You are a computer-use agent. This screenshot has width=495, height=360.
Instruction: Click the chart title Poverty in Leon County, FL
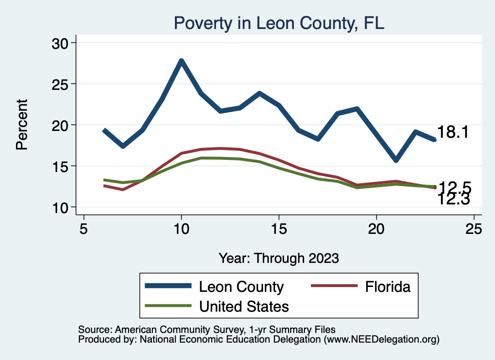click(x=278, y=23)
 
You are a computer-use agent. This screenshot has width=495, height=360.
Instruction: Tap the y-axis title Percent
click(x=22, y=125)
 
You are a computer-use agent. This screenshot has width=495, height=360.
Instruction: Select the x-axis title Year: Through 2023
click(x=278, y=258)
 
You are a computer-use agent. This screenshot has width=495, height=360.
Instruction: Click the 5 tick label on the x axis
click(x=84, y=228)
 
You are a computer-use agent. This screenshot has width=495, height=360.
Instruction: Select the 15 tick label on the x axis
click(x=279, y=228)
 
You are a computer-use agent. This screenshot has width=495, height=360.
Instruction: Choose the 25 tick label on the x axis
click(x=474, y=228)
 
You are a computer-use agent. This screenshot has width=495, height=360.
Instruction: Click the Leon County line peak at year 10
click(x=181, y=61)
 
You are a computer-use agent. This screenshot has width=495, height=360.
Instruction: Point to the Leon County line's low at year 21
click(x=396, y=160)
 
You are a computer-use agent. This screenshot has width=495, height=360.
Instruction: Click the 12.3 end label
click(x=453, y=199)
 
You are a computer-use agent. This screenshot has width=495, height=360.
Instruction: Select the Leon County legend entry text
click(x=241, y=287)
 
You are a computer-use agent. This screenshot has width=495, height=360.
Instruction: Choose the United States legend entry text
click(x=244, y=306)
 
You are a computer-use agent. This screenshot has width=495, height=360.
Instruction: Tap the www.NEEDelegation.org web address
click(x=382, y=340)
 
